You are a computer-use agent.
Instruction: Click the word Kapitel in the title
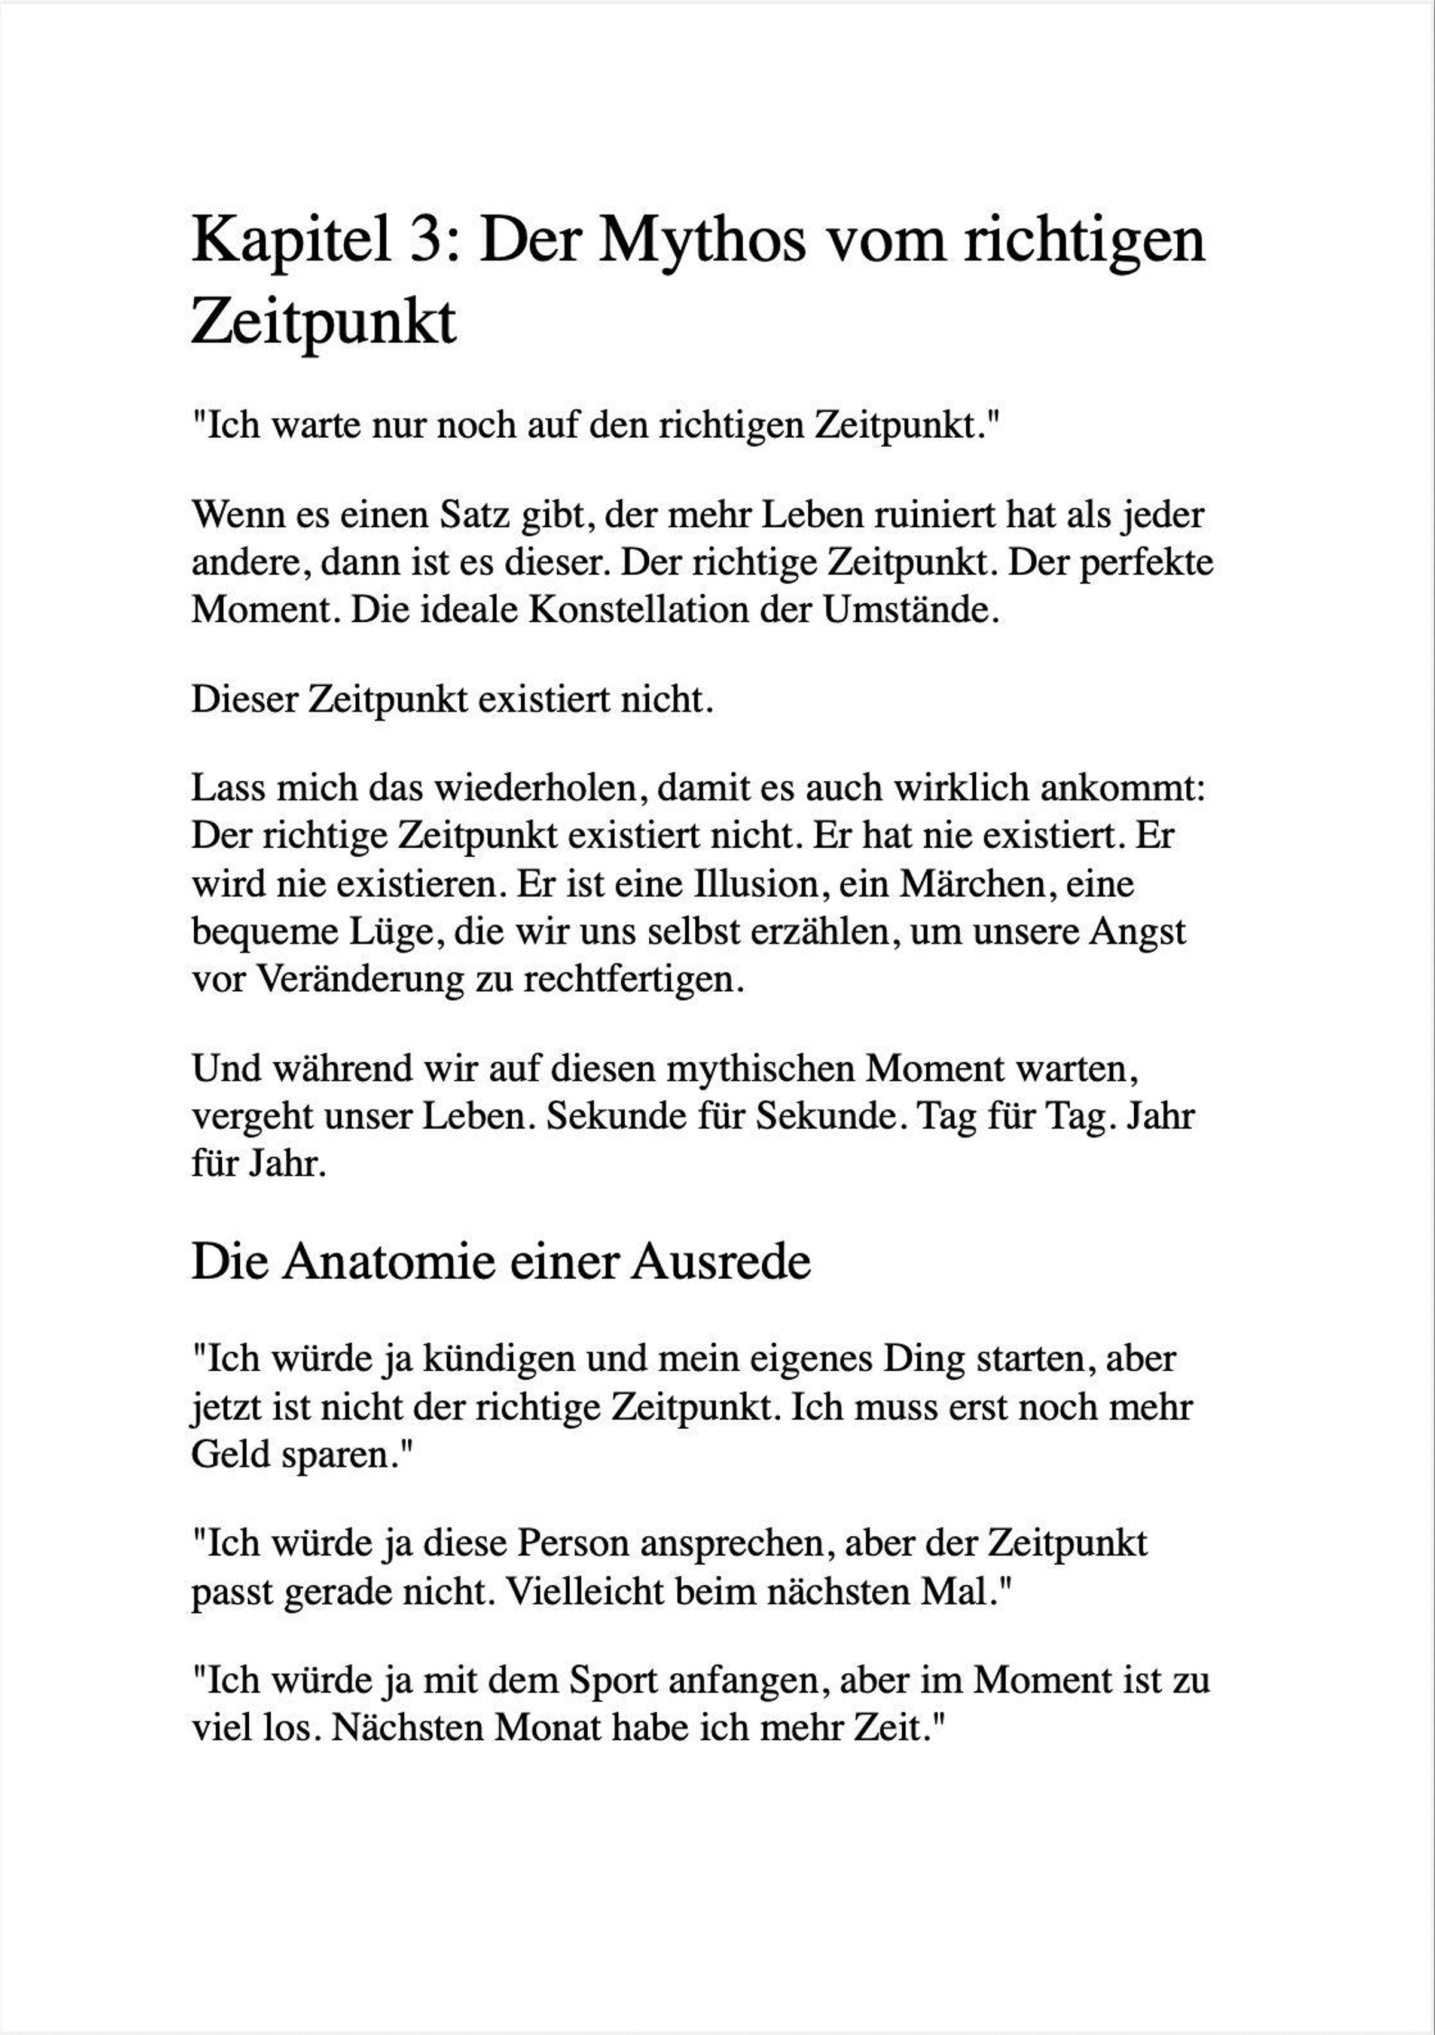click(292, 241)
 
